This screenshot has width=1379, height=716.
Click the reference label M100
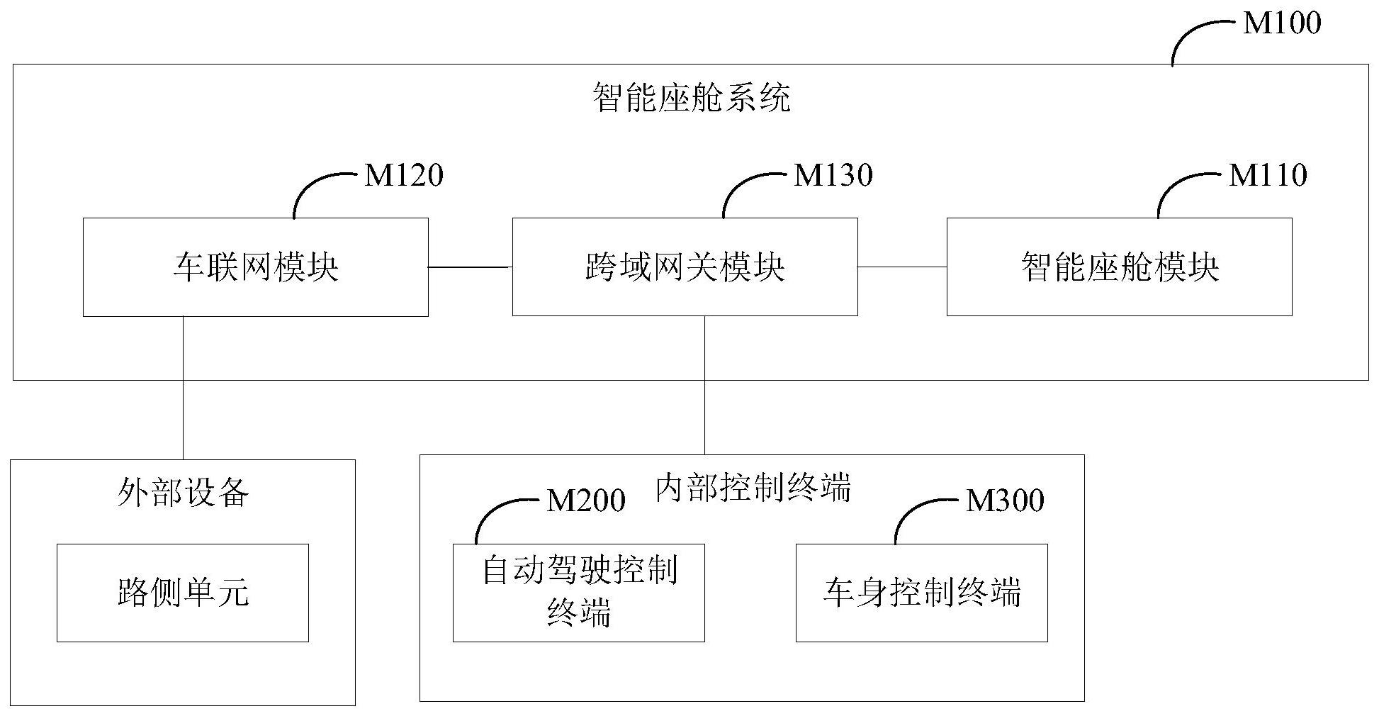1282,23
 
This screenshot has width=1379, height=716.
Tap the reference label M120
404,175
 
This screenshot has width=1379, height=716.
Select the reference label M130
833,175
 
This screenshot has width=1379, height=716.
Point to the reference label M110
1268,175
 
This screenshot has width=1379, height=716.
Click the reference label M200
586,500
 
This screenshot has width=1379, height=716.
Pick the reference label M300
1005,500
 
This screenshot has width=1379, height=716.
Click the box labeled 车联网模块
256,267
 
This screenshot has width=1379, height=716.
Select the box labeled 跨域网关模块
685,267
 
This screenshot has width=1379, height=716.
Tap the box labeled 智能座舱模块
1119,267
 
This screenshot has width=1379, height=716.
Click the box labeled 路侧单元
183,593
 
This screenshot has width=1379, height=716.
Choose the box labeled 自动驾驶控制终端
578,593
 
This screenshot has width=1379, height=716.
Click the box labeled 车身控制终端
921,593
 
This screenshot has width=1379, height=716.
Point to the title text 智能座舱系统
691,98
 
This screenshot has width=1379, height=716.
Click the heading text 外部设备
183,493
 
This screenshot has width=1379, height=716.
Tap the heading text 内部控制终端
753,488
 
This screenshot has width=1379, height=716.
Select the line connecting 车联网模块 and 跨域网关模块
470,267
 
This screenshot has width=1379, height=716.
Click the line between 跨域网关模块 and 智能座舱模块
902,267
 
